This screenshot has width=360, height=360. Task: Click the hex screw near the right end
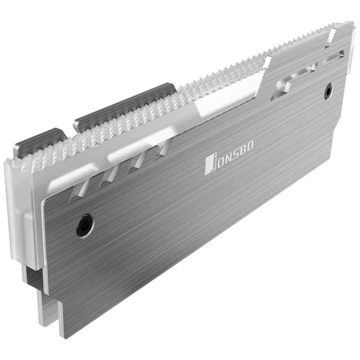pyautogui.click(x=328, y=91)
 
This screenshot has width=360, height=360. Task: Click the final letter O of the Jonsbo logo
pyautogui.click(x=250, y=147)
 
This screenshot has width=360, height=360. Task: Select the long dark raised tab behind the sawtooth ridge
pyautogui.click(x=125, y=105)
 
